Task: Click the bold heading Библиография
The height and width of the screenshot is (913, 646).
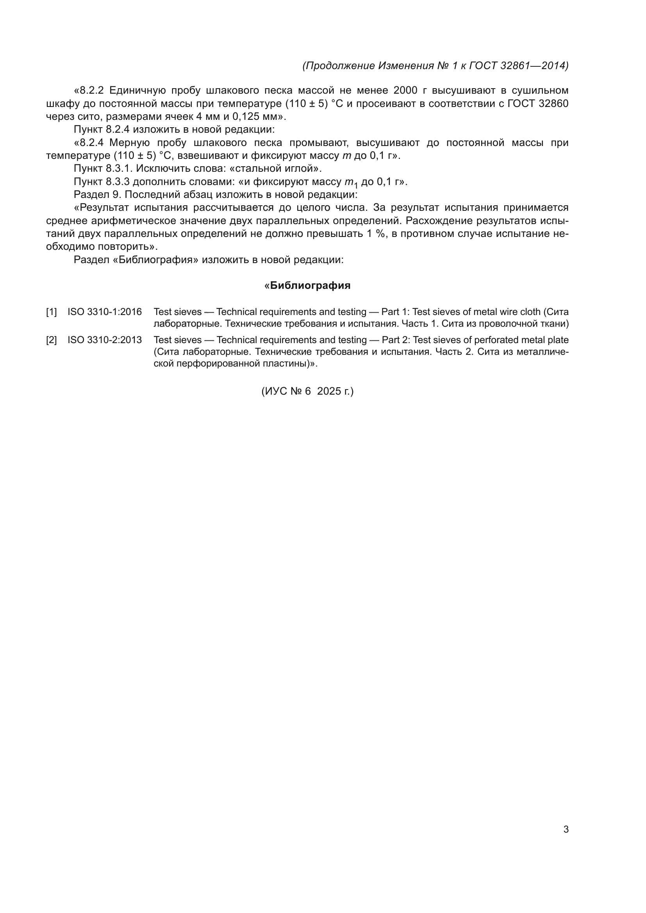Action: click(x=310, y=285)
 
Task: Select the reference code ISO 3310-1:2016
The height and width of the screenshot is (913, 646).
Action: click(x=104, y=312)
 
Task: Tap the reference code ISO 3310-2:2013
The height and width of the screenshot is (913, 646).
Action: click(x=104, y=340)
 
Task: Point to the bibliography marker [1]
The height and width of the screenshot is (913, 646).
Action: click(x=51, y=312)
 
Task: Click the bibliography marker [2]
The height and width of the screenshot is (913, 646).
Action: click(x=51, y=340)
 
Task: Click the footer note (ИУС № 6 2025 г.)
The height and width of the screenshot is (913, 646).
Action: click(x=307, y=391)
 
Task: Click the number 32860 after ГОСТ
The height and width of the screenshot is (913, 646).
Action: click(x=553, y=104)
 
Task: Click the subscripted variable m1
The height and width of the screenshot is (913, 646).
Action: click(x=351, y=183)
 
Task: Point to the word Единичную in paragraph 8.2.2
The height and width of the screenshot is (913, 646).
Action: click(x=137, y=91)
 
